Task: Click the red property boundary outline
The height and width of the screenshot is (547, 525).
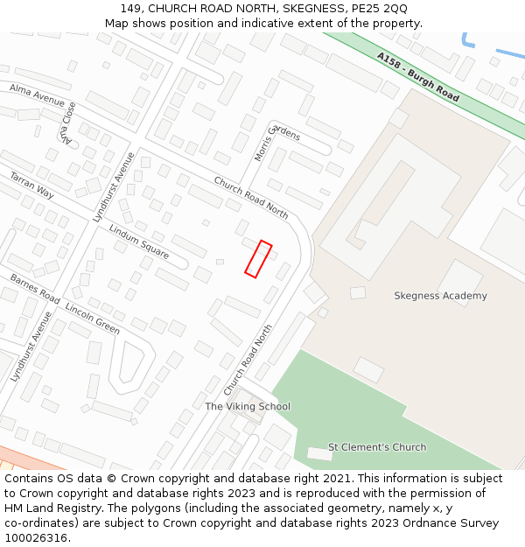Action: (x=258, y=259)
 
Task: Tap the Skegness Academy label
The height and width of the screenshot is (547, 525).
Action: (x=440, y=296)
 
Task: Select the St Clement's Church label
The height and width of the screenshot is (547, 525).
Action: (x=377, y=447)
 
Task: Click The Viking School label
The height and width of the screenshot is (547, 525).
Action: (x=248, y=407)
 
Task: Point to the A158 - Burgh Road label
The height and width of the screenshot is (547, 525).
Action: (x=418, y=77)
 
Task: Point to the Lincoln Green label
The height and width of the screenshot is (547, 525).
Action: (x=92, y=319)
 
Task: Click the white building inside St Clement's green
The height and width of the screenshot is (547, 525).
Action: (x=319, y=453)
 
